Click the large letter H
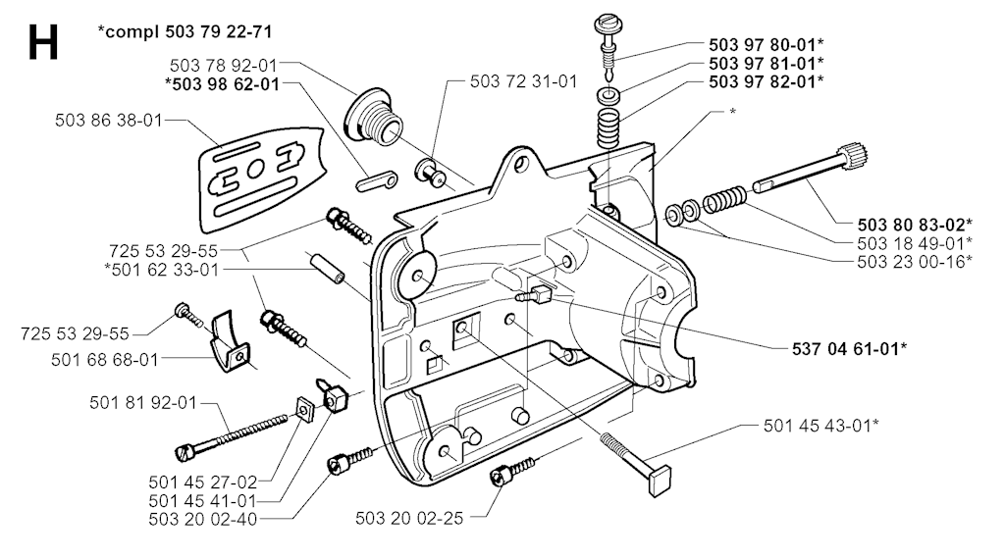(43, 42)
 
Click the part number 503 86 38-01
(109, 121)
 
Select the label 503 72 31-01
(524, 81)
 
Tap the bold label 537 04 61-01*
(849, 348)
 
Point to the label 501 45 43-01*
(821, 426)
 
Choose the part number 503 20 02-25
(409, 518)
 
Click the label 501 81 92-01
(143, 403)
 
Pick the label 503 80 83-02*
(915, 225)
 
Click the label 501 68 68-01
(104, 359)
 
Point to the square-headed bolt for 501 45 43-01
(636, 463)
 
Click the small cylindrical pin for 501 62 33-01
(328, 269)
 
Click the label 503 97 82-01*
(766, 81)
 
